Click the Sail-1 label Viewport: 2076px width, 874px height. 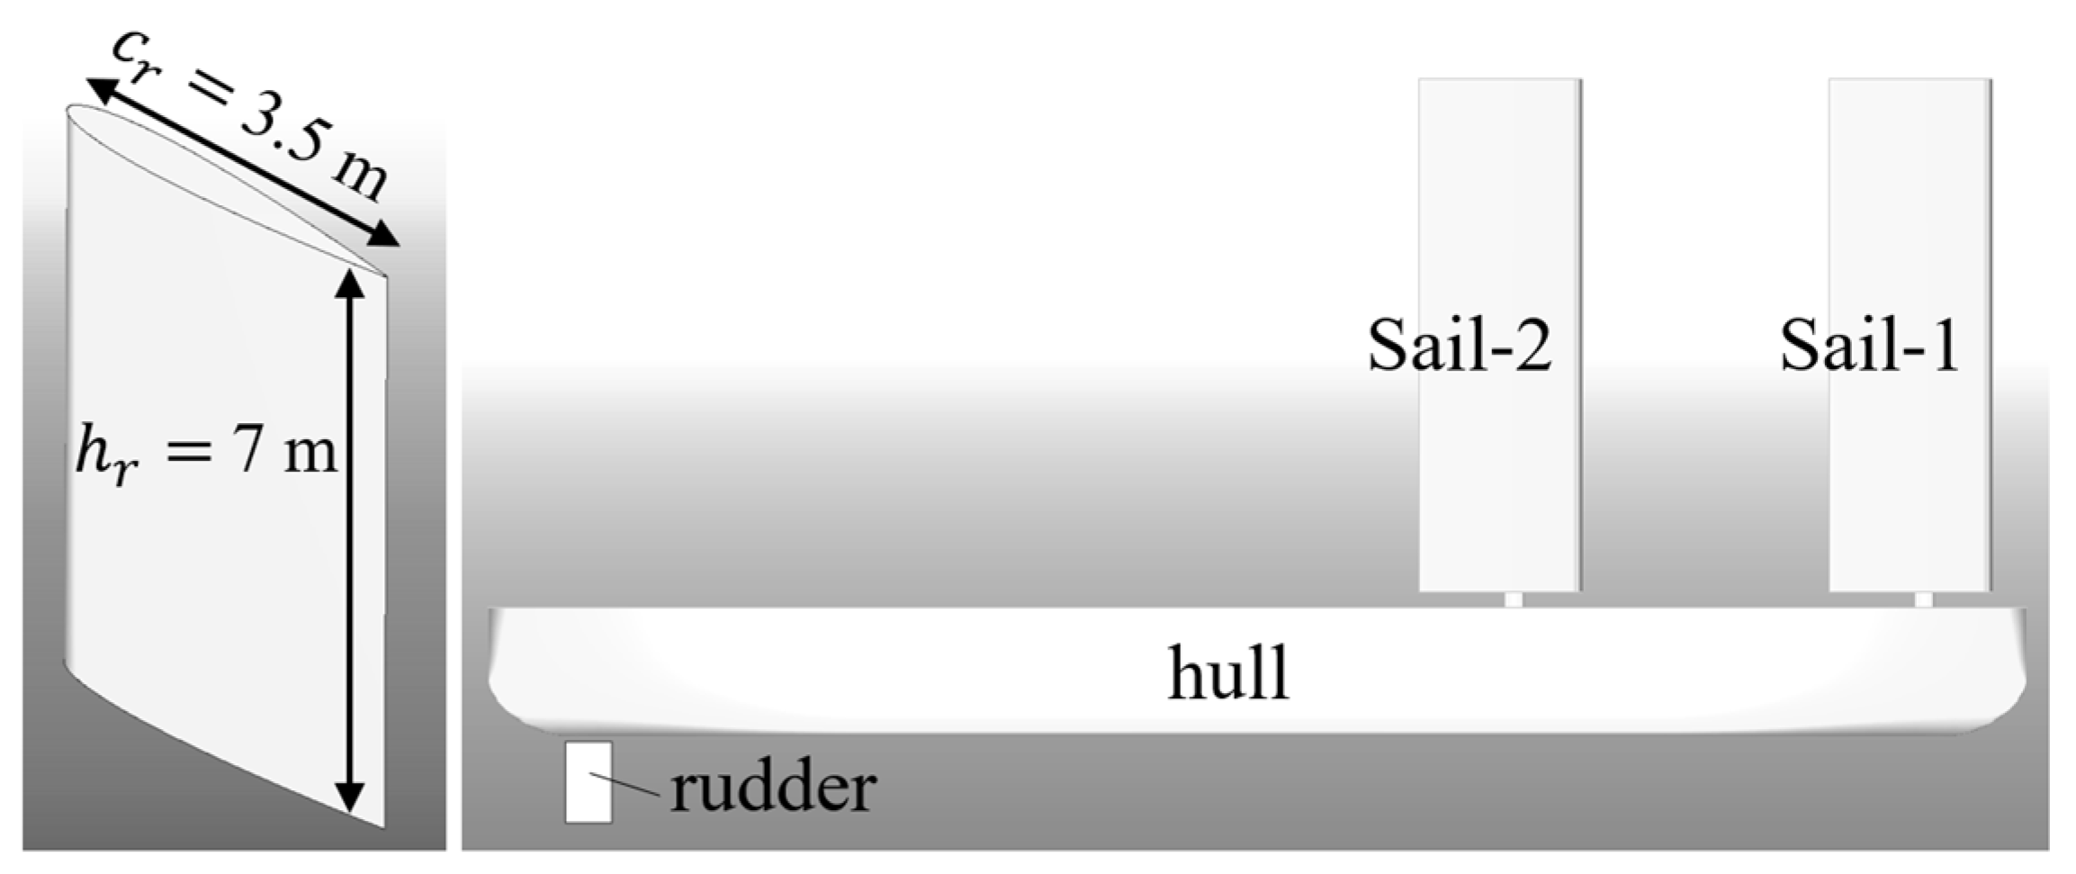tap(1870, 347)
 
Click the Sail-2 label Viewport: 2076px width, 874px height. tap(1460, 347)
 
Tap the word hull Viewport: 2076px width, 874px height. tap(1228, 672)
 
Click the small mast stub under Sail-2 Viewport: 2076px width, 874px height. tap(1514, 599)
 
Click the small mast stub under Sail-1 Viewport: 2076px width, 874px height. tap(1923, 599)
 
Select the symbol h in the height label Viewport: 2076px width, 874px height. tap(93, 450)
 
